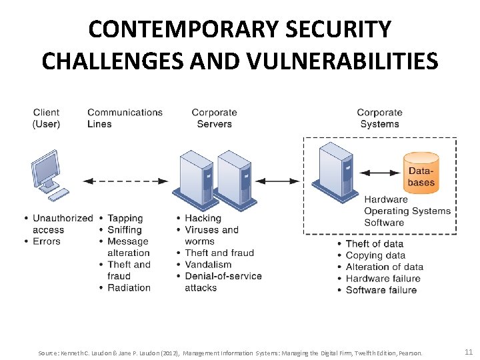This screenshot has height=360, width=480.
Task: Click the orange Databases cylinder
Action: coord(421,173)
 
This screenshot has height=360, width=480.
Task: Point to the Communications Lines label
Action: coord(125,118)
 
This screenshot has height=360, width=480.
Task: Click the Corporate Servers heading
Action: coord(214,118)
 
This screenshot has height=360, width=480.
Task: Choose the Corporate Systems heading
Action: coord(379,118)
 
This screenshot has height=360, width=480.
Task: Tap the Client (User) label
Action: coord(46,118)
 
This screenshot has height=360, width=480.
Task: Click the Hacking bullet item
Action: coord(203,218)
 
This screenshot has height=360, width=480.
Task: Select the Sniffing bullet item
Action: coord(125,230)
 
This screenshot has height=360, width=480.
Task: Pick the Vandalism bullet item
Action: coord(208,265)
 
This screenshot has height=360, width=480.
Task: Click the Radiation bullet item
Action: coord(129,288)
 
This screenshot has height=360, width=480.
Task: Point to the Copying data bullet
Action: coord(375,255)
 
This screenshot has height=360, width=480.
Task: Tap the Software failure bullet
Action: coord(381,290)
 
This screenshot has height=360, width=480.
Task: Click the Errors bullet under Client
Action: coord(47,241)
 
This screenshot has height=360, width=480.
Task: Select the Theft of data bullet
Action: coord(374,244)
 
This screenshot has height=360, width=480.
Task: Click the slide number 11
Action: coord(467,352)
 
